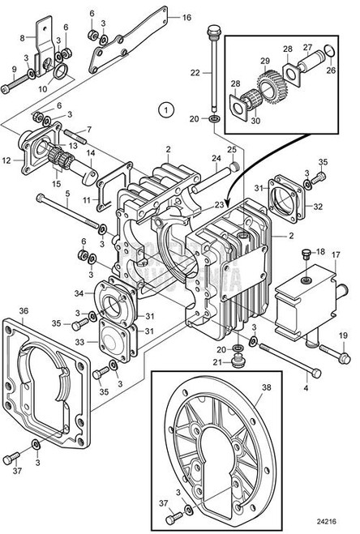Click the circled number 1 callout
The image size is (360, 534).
click(166, 108)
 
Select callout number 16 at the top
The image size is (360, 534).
click(186, 17)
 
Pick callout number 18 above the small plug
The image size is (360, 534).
click(321, 252)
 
